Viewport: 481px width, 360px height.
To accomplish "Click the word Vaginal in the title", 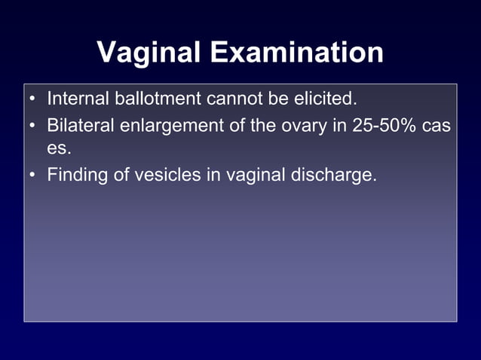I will pyautogui.click(x=149, y=53).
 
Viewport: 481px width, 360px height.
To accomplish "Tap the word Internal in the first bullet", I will pyautogui.click(x=77, y=99).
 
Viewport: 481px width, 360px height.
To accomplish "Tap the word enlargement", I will pyautogui.click(x=172, y=125).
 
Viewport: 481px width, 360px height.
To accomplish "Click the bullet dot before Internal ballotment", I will pyautogui.click(x=32, y=99).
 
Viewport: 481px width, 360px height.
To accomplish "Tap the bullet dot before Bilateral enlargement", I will pyautogui.click(x=32, y=125).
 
